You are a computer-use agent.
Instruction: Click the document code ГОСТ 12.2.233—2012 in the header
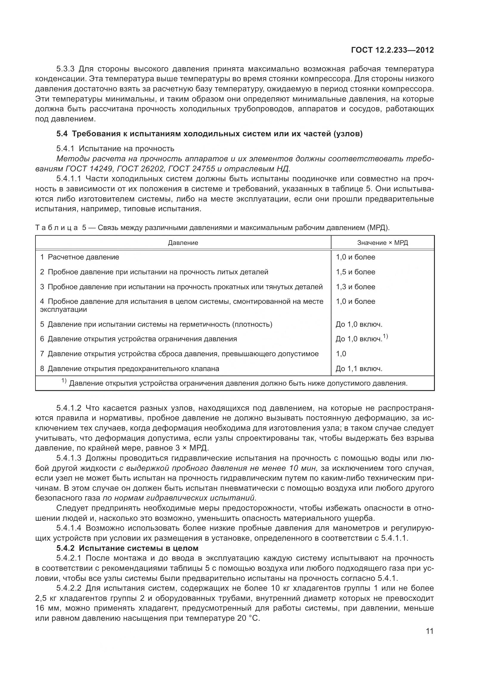tap(392, 50)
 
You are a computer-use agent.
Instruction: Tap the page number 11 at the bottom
tap(430, 631)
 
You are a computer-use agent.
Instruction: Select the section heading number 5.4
tap(62, 134)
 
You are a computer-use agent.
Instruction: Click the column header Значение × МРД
tap(382, 243)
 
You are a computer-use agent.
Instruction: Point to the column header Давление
tap(183, 243)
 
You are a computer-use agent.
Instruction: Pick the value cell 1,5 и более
tap(356, 272)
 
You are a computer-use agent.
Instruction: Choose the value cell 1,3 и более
tap(356, 287)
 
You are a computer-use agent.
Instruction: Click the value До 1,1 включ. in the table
tap(359, 369)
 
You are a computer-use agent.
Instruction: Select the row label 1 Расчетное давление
tap(80, 257)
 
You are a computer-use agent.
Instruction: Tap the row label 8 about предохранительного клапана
tap(130, 369)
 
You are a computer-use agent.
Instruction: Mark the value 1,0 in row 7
tap(341, 354)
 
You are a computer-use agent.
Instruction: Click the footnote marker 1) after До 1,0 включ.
tap(385, 337)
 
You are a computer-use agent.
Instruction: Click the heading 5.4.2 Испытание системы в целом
tap(128, 548)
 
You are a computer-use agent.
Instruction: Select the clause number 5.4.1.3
tap(69, 458)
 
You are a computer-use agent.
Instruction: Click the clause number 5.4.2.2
tap(69, 588)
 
